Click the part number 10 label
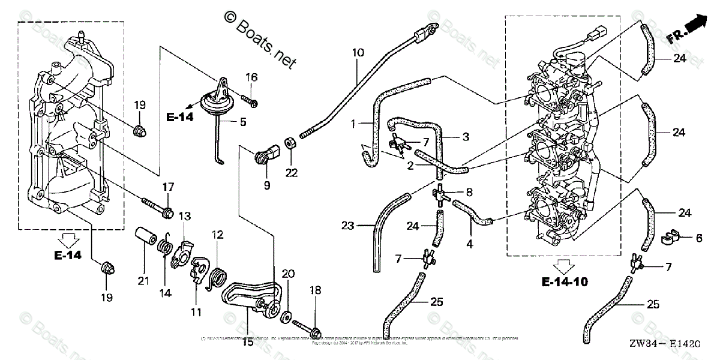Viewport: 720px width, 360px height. (358, 53)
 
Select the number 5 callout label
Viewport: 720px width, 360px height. (242, 122)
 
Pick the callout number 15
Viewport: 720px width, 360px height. (247, 343)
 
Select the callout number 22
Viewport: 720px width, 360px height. (292, 173)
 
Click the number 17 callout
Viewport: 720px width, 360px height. (167, 187)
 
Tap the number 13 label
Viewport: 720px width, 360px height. (184, 215)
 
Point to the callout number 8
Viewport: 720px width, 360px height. (469, 192)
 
